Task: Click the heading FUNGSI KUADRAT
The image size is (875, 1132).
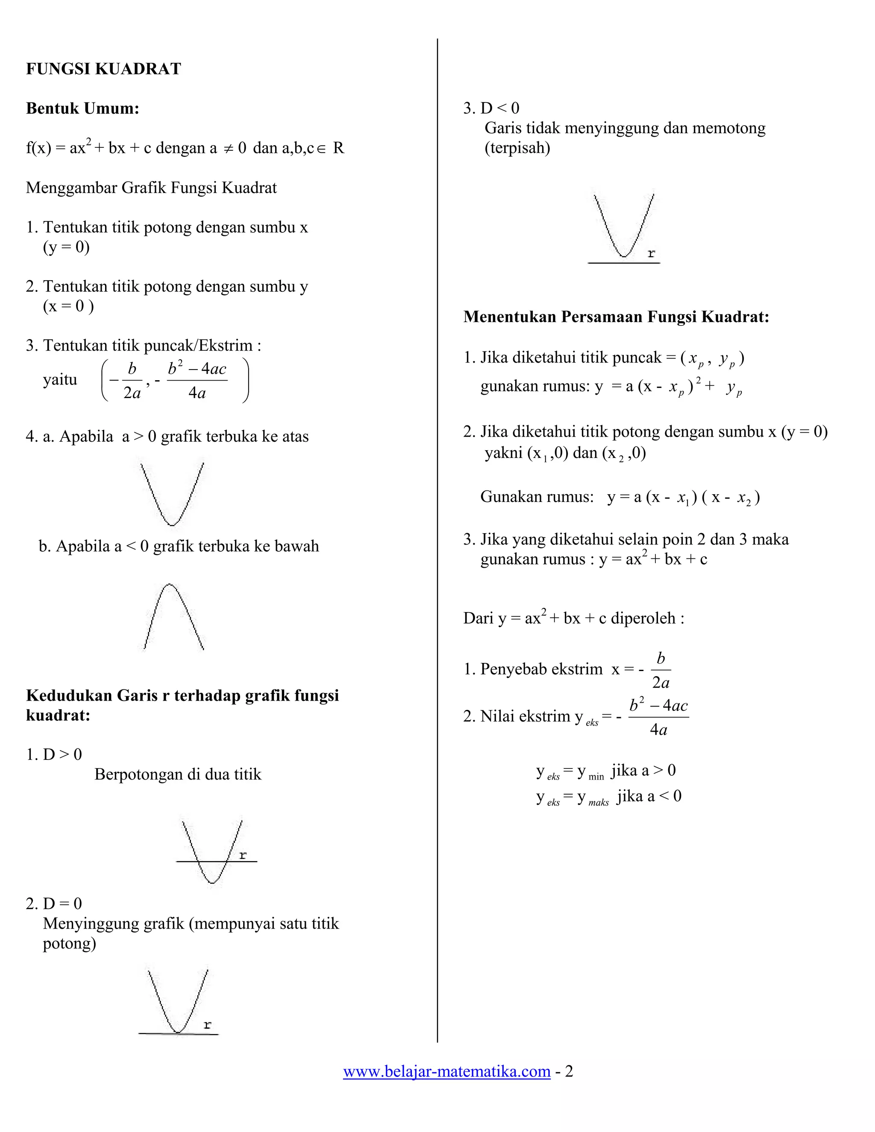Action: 103,69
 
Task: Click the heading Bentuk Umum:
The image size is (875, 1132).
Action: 82,109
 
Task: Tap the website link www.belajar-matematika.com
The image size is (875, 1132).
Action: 446,1071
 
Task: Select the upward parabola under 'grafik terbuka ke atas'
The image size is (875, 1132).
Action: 172,493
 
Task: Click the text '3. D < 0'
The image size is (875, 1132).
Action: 491,109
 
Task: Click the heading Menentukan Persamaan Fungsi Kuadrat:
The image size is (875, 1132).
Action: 616,317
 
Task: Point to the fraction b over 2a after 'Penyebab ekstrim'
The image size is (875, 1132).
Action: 661,670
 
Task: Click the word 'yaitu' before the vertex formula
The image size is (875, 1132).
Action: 60,380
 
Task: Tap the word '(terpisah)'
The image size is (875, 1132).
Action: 517,148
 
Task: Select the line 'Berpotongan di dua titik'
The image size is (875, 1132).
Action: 178,774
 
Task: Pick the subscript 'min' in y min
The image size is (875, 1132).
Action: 596,777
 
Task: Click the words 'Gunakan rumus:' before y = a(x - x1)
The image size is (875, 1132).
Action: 537,496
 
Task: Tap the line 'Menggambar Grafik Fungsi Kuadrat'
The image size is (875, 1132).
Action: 151,188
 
